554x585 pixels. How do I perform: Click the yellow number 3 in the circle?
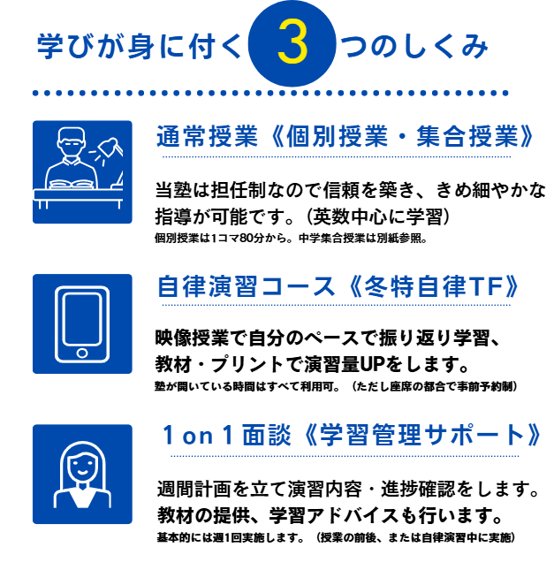tap(292, 44)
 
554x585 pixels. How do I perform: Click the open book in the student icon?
tap(70, 184)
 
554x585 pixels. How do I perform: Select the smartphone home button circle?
tap(82, 353)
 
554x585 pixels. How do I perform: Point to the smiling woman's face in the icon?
tap(82, 464)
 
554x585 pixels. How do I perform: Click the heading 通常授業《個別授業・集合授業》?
tap(345, 136)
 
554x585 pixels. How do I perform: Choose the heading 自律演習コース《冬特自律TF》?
tap(338, 286)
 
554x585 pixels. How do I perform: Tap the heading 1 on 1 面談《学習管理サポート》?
tap(352, 435)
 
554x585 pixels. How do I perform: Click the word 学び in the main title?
tap(62, 47)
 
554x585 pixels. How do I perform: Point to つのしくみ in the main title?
tap(414, 47)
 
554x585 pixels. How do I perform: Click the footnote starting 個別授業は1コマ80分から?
tap(291, 238)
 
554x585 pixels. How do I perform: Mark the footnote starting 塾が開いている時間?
tap(336, 386)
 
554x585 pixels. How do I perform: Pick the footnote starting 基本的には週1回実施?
tap(336, 537)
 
